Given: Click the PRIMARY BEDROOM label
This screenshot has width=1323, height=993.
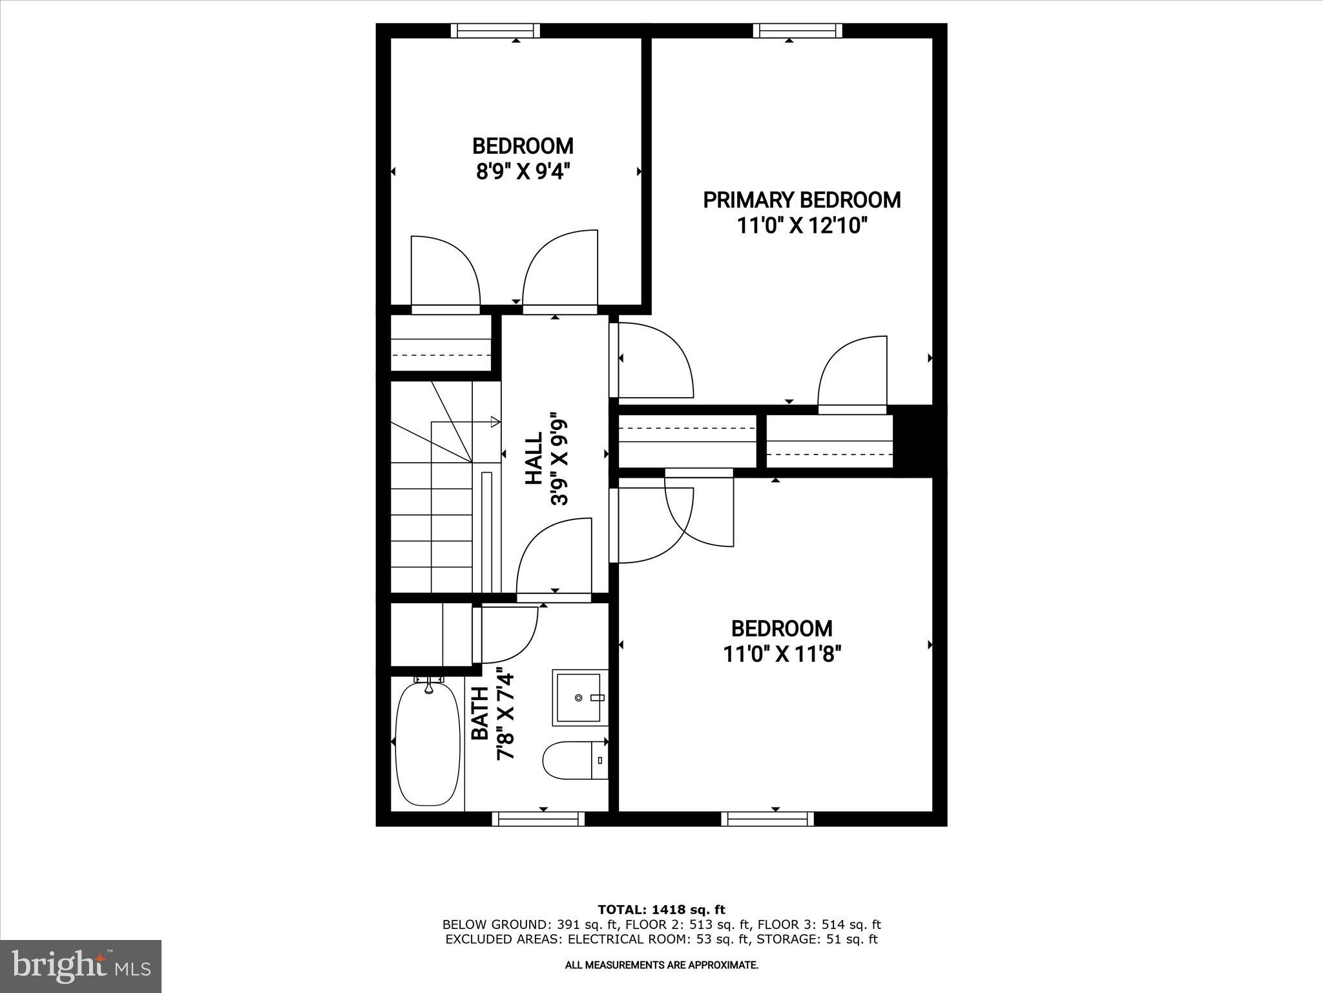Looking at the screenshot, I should (802, 200).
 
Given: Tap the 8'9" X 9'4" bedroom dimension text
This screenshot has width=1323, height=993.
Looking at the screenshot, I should (523, 173).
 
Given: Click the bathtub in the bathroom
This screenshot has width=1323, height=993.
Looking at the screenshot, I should (427, 743).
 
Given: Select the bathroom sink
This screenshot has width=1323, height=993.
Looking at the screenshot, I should (579, 698).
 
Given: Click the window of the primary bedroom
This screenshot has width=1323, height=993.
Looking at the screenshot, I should (798, 30).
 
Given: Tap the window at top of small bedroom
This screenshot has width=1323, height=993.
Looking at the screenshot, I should (495, 30).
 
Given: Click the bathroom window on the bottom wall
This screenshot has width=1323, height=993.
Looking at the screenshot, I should (538, 819).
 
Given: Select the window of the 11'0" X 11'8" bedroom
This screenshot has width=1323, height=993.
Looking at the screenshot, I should (767, 819).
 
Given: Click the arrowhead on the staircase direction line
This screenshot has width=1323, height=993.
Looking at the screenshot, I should (495, 422).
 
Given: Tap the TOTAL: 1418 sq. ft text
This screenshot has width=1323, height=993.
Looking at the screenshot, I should (661, 910).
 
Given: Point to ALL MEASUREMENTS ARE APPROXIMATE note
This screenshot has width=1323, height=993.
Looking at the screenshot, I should (661, 965).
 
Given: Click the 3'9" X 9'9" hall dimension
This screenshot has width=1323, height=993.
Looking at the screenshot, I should (559, 462).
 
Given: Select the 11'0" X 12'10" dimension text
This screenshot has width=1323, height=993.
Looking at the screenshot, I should (802, 226).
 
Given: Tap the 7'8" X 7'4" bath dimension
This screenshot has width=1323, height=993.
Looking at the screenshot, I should (505, 716).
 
